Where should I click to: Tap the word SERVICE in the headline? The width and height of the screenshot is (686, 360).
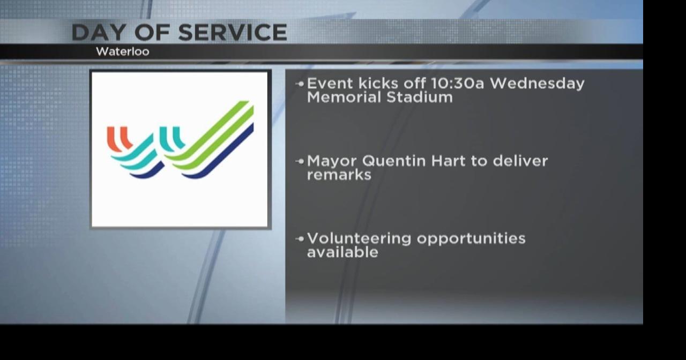[232, 33]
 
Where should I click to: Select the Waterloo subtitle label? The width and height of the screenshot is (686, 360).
[122, 52]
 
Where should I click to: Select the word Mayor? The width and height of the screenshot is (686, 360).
[332, 161]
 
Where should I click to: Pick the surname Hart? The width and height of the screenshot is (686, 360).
[448, 161]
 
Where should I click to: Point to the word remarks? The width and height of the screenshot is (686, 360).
[339, 175]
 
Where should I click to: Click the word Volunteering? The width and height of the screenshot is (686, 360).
[359, 238]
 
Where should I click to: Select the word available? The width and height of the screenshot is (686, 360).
[342, 252]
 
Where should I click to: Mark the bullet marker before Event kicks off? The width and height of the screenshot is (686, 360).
[300, 84]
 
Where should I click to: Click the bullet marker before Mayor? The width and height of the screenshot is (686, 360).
[300, 161]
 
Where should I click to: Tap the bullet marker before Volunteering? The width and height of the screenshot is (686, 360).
[300, 238]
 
